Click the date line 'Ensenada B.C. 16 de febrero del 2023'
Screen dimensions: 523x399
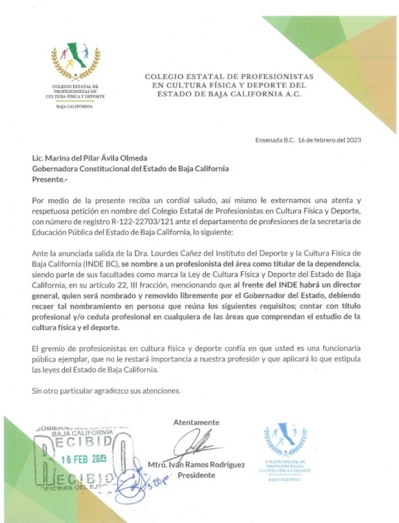point(308,141)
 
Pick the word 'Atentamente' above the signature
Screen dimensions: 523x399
point(196,422)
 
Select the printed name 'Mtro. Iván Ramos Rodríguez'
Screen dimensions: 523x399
point(197,465)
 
